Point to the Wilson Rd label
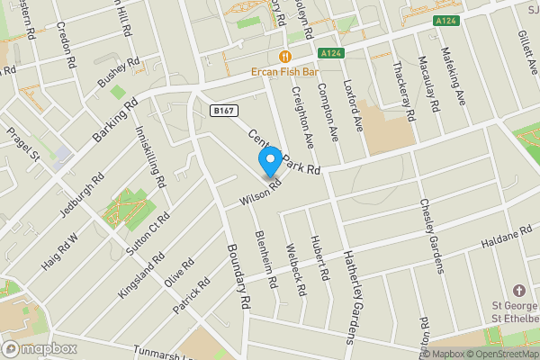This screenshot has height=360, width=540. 262,188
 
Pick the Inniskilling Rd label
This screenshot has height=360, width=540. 150,155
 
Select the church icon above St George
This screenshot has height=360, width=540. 517,292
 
